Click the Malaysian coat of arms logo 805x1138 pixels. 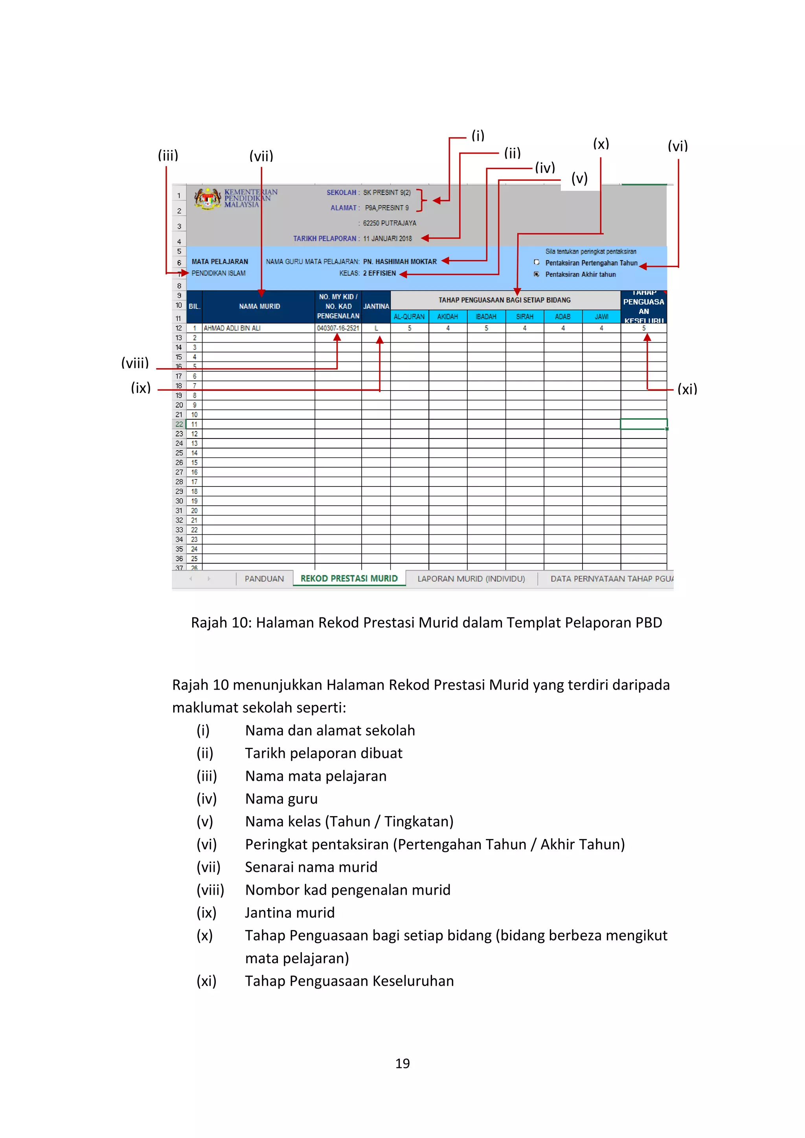click(207, 198)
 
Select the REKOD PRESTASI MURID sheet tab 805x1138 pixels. click(349, 578)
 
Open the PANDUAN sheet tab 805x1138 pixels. click(264, 578)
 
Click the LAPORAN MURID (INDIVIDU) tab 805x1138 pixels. click(471, 578)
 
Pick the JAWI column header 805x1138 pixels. click(601, 317)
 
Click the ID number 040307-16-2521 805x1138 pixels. click(338, 328)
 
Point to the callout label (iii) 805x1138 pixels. click(168, 156)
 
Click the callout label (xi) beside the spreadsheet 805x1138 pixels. click(687, 389)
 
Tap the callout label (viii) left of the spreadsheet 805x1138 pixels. click(135, 363)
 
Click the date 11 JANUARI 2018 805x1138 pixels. click(387, 239)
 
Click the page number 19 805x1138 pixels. click(402, 1063)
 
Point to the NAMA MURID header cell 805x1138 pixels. click(259, 306)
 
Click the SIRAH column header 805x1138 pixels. click(524, 317)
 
